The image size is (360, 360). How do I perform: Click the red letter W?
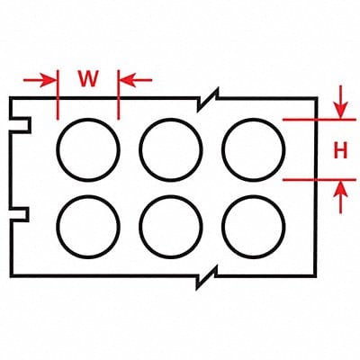[x=88, y=79]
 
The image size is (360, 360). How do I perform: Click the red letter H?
[x=340, y=150]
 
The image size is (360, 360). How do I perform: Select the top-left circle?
[x=57, y=149]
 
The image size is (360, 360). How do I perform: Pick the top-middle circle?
[x=139, y=149]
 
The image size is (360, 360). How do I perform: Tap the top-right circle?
[x=222, y=149]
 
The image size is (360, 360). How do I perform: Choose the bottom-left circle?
[x=57, y=227]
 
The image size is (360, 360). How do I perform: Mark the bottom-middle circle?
[x=139, y=227]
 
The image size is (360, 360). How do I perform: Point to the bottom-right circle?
[x=222, y=227]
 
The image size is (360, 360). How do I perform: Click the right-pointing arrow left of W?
[x=40, y=80]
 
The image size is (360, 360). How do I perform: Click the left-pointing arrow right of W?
[x=136, y=80]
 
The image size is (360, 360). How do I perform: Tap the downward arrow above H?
[x=340, y=102]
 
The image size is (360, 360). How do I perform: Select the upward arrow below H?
[x=340, y=197]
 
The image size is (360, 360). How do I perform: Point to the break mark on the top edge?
[x=208, y=99]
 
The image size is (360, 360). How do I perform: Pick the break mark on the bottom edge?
[x=206, y=276]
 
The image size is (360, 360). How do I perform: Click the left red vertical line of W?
[x=58, y=94]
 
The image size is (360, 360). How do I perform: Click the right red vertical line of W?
[x=119, y=94]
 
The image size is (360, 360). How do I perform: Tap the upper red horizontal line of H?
[x=319, y=120]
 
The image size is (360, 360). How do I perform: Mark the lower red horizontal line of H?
[x=319, y=180]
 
